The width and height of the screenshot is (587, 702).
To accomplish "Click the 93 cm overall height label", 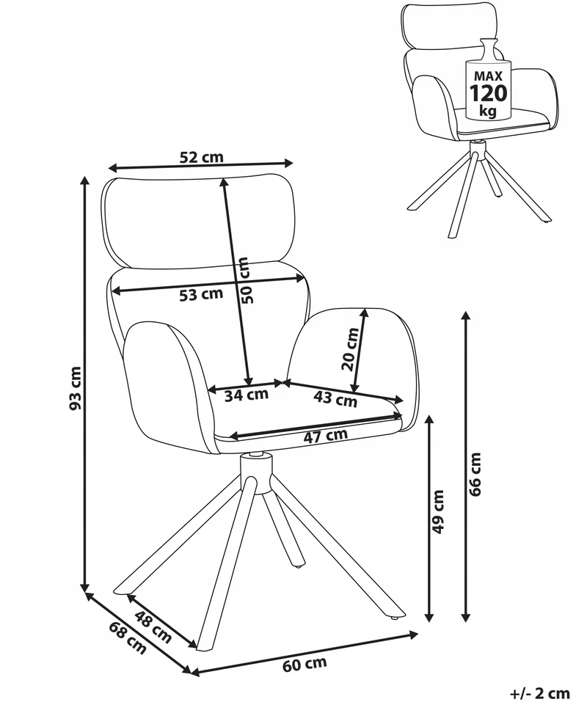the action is (76, 388).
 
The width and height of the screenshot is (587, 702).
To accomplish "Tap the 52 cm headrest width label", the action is (202, 157).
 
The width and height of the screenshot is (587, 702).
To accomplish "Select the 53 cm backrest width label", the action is (201, 294).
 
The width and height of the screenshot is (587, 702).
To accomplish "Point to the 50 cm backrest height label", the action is (247, 279).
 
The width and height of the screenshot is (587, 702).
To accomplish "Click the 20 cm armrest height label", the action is (350, 349).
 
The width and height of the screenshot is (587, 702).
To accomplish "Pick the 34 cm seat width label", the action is (247, 395).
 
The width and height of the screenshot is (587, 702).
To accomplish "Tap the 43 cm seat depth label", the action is (335, 398).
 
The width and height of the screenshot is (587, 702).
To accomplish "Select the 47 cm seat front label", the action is (326, 436).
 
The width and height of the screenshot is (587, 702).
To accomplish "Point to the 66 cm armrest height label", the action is (475, 474).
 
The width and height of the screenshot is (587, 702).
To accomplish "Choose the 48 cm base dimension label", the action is (153, 626).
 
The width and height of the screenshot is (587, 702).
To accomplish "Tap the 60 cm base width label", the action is (305, 665).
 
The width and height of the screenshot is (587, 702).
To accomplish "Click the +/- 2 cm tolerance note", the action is (541, 693).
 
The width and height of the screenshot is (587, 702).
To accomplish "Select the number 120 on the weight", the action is (488, 93).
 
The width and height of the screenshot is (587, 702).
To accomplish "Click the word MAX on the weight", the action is (488, 76).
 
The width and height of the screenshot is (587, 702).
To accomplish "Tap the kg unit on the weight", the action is (488, 110).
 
